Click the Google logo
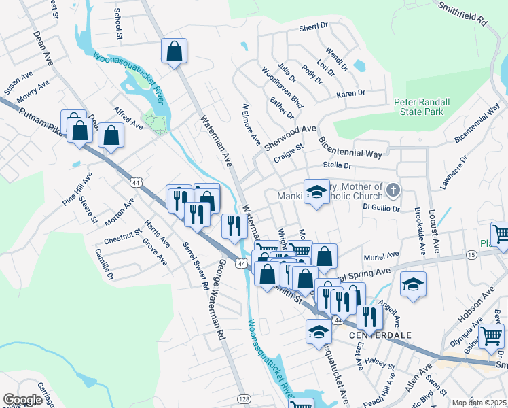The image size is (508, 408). pyautogui.click(x=22, y=400)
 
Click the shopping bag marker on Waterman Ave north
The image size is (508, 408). pyautogui.click(x=175, y=51)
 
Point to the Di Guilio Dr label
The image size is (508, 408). pyautogui.click(x=381, y=206)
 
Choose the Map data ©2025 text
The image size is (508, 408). pyautogui.click(x=479, y=403)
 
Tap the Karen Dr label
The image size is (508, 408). pyautogui.click(x=350, y=93)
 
